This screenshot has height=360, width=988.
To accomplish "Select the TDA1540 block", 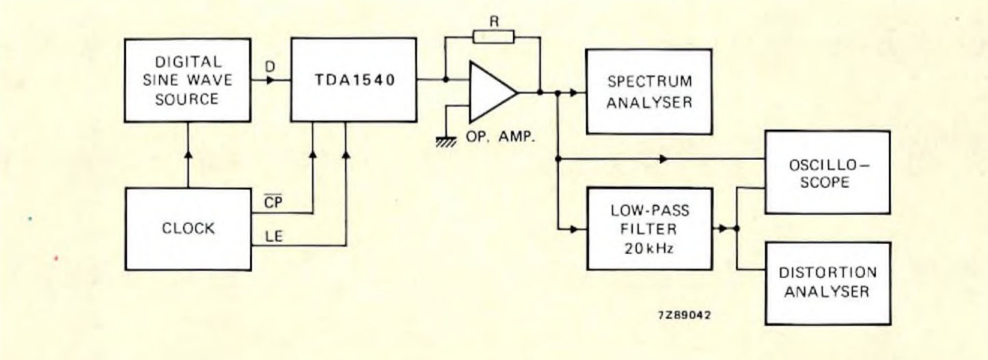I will (354, 81).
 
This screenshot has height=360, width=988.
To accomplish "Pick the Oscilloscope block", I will (827, 172).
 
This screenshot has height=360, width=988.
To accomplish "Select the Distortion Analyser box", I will (827, 282).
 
